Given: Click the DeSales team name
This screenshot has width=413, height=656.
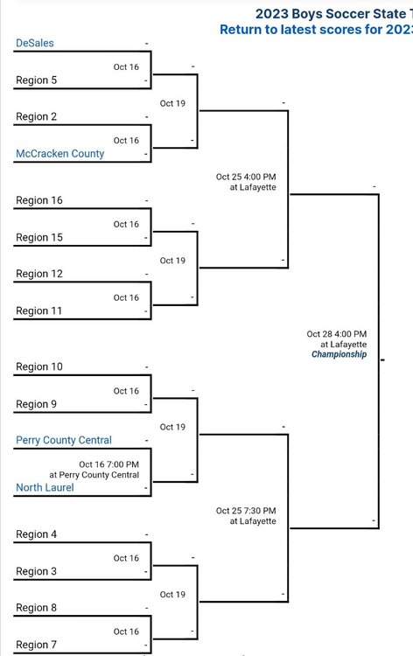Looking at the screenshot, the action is coord(35,43).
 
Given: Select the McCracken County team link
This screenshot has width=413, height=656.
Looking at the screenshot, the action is coord(59,154).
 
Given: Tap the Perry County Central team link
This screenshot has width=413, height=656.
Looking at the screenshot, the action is coord(64,440).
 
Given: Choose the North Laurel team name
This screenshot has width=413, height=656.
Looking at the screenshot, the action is coord(45,487).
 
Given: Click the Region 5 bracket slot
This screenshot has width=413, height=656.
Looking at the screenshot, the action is coord(37,80).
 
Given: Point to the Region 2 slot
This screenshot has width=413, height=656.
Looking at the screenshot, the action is coord(37,116).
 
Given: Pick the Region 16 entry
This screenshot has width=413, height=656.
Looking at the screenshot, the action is coord(39,200).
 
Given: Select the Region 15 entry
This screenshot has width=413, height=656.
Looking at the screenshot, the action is coord(39,237).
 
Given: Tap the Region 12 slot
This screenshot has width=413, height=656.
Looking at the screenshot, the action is coord(39,274).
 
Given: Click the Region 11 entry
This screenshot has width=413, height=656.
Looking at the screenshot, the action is coord(38,311).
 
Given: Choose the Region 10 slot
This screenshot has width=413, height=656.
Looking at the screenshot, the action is coord(39,366).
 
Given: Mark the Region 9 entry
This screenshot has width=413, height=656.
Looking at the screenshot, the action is coord(37,404).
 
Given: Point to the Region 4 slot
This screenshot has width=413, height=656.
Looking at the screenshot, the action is coord(37,534).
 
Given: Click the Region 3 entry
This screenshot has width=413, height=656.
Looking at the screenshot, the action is coord(37,571).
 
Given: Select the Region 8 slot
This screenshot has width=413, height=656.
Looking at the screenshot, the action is coord(37,608).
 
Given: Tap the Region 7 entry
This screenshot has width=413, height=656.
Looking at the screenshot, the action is coord(37,645).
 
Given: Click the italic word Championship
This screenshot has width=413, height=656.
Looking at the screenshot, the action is coord(339,354).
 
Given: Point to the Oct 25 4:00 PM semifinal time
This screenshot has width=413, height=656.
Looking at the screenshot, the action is coord(246,177).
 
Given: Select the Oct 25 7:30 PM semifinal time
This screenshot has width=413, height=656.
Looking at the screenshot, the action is coord(246,511).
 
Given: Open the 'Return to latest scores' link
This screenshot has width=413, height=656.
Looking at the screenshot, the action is coord(317,30).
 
